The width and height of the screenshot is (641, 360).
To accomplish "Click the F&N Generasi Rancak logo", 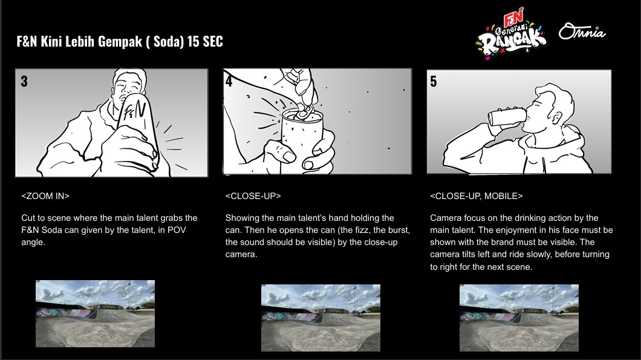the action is point(511,34).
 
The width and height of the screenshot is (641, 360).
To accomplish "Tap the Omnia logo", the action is point(582,31).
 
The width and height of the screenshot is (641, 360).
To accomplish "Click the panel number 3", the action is point(24,82).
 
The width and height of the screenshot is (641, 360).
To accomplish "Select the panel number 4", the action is point(229,82).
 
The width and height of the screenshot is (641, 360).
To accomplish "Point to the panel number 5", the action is point(434,82).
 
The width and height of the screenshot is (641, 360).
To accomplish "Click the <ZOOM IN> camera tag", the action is point(45,196).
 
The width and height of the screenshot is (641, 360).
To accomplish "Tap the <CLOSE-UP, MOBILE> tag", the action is point(477,196).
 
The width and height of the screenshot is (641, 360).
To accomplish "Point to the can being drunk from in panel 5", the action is point(507,116).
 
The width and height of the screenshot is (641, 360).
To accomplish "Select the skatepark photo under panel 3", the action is point(96,314).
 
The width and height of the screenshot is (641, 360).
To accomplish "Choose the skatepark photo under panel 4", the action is point(321,318).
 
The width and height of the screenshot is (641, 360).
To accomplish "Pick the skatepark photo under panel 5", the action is point(519,318).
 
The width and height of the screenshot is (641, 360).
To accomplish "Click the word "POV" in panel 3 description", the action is point(177,230).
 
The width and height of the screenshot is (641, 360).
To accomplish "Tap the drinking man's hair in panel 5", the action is point(556,97).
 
